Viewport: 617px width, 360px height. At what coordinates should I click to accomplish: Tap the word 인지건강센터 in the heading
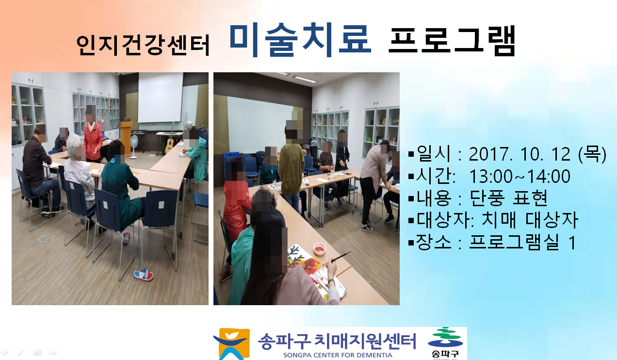143,45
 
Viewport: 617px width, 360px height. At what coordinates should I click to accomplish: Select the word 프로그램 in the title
452,41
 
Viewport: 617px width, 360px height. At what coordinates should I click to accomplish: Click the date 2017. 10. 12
520,154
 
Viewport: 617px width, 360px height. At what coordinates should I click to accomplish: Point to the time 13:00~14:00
520,176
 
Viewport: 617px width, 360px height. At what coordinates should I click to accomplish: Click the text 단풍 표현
508,198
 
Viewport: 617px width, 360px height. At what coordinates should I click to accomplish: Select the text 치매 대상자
529,220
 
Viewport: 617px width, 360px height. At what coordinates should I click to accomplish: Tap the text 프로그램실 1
522,242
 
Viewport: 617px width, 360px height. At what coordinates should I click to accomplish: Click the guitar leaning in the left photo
170,139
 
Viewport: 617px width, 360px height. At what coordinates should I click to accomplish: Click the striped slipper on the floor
144,275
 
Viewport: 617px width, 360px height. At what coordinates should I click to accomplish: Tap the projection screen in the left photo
160,98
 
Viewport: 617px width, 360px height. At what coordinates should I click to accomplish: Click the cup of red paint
320,248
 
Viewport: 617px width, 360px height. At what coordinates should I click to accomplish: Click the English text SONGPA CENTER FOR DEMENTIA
338,355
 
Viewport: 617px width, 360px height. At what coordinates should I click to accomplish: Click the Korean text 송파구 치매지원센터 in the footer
337,341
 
